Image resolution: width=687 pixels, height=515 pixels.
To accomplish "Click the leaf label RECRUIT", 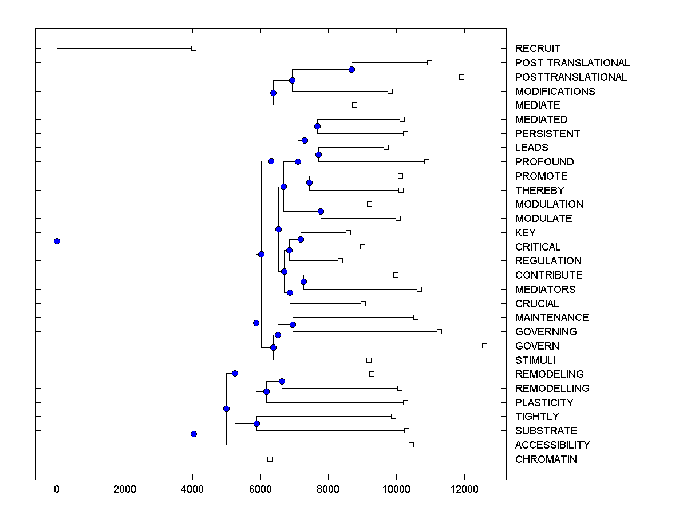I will tap(538, 49).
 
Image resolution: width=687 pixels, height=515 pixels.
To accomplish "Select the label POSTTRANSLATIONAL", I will tap(571, 77).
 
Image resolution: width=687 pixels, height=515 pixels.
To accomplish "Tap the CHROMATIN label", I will tap(546, 459).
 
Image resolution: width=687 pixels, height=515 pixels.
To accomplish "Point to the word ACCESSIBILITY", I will tap(552, 445).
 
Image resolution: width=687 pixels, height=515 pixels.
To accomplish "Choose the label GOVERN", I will tap(537, 346).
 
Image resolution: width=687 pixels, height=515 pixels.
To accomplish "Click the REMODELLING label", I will tap(552, 389).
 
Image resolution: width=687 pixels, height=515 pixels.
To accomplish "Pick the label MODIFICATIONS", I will tap(555, 92).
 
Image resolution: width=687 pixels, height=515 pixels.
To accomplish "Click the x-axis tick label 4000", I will tap(192, 489).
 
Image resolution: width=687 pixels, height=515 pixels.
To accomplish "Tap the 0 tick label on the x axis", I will tap(57, 489).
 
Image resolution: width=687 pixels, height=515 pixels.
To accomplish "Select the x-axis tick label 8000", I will tap(328, 489).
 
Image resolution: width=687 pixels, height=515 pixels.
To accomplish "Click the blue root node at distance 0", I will tap(57, 241).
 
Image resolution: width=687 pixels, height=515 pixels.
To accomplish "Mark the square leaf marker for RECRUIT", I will tap(194, 49).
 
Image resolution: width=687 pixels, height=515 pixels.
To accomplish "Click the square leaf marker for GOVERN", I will tap(484, 346).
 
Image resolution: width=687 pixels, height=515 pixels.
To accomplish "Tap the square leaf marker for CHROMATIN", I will tap(270, 459).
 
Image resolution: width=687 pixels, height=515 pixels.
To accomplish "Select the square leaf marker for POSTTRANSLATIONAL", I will tap(462, 77).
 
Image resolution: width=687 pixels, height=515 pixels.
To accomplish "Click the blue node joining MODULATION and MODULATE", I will tap(321, 211).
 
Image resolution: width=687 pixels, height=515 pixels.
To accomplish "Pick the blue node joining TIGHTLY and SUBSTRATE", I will tap(256, 423).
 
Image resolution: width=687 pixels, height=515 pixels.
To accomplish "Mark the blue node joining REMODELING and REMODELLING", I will tap(282, 381).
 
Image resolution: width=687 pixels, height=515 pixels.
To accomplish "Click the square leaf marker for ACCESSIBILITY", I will tap(411, 445).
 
